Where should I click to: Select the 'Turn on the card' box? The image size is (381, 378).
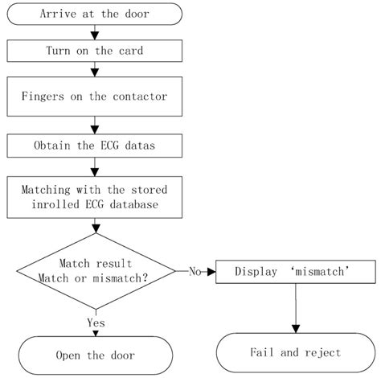tap(94, 50)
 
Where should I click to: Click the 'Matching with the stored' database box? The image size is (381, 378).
tap(94, 195)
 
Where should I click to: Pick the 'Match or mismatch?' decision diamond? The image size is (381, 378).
tap(96, 269)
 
